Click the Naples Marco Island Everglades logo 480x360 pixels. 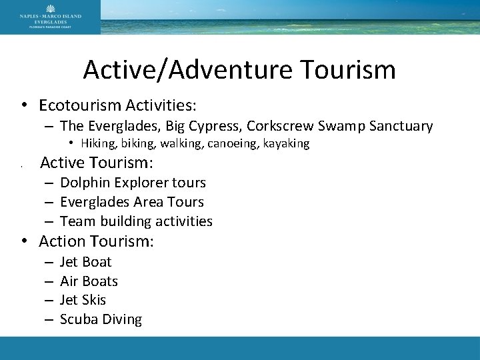(x=50, y=17)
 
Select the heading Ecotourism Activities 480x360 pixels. (x=117, y=105)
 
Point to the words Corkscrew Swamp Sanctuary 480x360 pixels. (x=346, y=125)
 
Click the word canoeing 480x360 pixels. (x=234, y=143)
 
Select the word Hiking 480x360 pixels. (x=97, y=143)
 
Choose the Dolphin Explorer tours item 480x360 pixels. (x=133, y=182)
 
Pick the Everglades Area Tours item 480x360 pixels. (x=132, y=201)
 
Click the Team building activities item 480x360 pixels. (x=136, y=221)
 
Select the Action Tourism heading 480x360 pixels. (x=97, y=241)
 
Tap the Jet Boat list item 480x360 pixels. (x=85, y=261)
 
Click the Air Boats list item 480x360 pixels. (x=89, y=281)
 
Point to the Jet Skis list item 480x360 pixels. (x=83, y=300)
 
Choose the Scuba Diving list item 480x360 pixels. (x=101, y=319)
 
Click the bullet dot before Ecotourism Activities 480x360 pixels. (x=23, y=106)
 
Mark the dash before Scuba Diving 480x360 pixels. (x=50, y=319)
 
